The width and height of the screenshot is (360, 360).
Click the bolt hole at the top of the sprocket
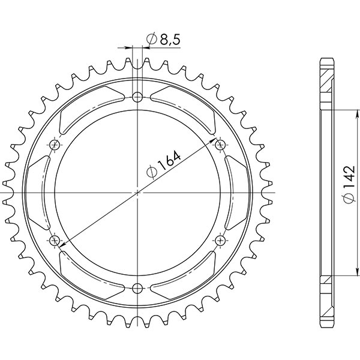point(138,97)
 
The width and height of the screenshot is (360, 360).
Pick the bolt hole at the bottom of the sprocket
point(138,286)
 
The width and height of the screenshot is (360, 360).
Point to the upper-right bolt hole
point(220,145)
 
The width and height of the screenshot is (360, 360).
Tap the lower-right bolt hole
point(220,239)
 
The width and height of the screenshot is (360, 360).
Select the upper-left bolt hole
point(56,145)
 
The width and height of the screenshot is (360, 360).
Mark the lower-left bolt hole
point(56,239)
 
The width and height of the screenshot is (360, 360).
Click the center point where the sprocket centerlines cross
point(138,192)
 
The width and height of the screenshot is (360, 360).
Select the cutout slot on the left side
point(40,192)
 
